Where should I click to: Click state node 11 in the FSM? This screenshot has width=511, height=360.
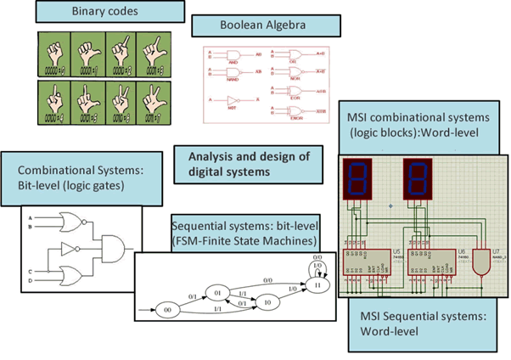[x=318, y=286]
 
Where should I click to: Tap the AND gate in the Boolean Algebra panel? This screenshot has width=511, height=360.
[x=232, y=53]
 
